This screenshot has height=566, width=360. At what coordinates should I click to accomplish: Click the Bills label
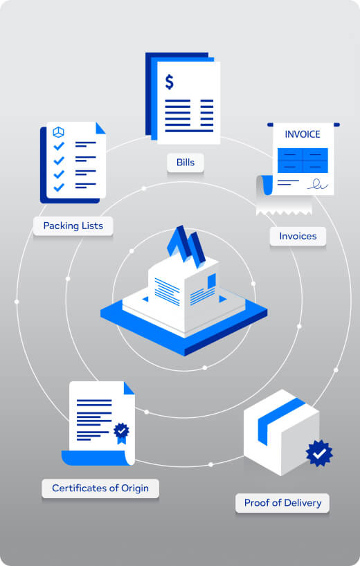point(186,163)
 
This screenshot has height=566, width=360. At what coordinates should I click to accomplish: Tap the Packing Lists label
point(73,226)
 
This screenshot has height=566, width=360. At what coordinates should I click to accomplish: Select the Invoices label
point(298,236)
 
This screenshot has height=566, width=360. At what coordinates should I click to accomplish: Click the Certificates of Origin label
point(100,489)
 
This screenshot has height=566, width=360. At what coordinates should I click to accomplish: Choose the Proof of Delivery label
point(282,503)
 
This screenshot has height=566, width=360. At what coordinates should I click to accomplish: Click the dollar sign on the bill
point(170,82)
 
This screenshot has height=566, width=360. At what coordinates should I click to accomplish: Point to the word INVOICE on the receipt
point(303,134)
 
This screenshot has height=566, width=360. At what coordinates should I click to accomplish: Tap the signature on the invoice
point(318,185)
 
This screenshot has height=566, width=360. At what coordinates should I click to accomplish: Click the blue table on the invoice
point(303,161)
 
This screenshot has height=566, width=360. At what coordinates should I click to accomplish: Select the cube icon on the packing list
point(58,132)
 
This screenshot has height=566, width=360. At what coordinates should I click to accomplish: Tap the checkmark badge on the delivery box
point(319,453)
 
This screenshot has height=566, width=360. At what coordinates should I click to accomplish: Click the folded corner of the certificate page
point(129,388)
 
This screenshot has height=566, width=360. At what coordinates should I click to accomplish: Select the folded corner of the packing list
point(100,128)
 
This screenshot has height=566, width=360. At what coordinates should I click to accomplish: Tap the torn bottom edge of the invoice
point(284,211)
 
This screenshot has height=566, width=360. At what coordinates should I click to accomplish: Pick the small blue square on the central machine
point(212,281)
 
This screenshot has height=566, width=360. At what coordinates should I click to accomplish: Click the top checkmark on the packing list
point(59,146)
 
